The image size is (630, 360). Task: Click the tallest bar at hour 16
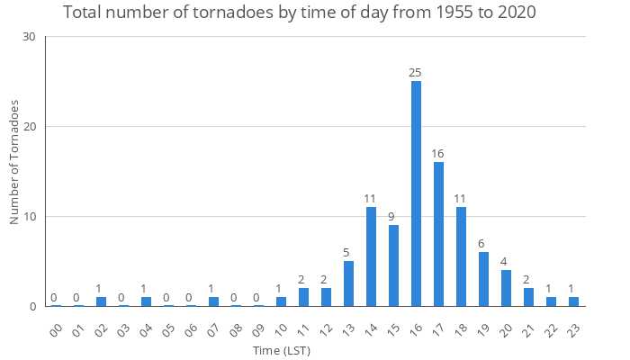[x=416, y=193]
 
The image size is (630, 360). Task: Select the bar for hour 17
[x=438, y=234]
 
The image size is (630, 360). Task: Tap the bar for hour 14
[x=371, y=256]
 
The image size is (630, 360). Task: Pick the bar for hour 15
[x=393, y=265]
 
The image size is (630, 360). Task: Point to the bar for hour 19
[x=483, y=279]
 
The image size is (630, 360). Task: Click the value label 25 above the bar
[x=416, y=72]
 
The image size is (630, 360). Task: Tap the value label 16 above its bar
[x=438, y=153]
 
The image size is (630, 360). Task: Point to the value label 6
[x=483, y=243]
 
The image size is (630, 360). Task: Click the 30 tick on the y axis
[x=30, y=37]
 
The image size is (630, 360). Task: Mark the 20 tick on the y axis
[x=30, y=127]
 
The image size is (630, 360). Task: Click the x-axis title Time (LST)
[x=281, y=350]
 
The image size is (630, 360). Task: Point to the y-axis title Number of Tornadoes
[x=14, y=162]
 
